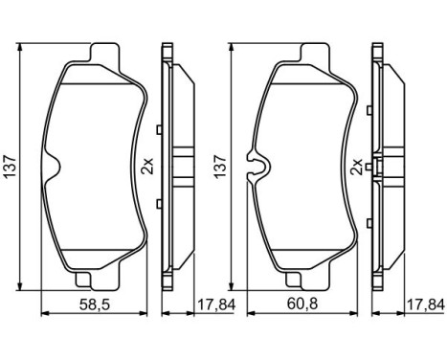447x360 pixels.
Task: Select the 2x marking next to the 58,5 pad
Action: (146, 167)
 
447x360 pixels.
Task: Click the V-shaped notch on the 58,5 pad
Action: (54, 166)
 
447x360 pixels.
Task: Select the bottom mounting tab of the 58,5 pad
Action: (94, 280)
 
